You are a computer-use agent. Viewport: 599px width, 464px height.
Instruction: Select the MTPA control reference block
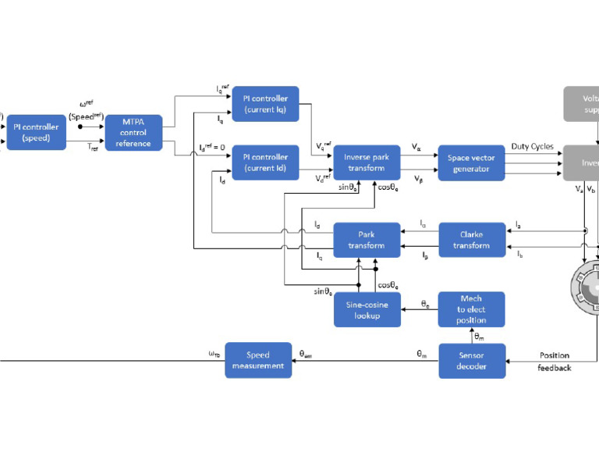[133, 133]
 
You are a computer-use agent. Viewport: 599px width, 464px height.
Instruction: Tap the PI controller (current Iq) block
[265, 104]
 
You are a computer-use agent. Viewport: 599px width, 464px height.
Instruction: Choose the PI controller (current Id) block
[265, 162]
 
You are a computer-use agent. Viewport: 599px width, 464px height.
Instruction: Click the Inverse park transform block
[367, 162]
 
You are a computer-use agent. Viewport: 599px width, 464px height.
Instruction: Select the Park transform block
[367, 240]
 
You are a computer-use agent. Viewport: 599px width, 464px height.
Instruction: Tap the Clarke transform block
[471, 240]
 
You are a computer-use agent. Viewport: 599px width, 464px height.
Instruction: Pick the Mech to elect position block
[471, 309]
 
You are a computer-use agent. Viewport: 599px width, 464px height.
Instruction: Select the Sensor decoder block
[471, 361]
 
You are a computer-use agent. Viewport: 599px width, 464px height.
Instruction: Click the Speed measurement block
[257, 361]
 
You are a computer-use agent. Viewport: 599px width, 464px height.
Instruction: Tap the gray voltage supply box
[580, 105]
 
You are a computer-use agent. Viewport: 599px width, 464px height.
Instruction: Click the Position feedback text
[554, 361]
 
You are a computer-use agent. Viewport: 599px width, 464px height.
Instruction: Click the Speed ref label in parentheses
[85, 116]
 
